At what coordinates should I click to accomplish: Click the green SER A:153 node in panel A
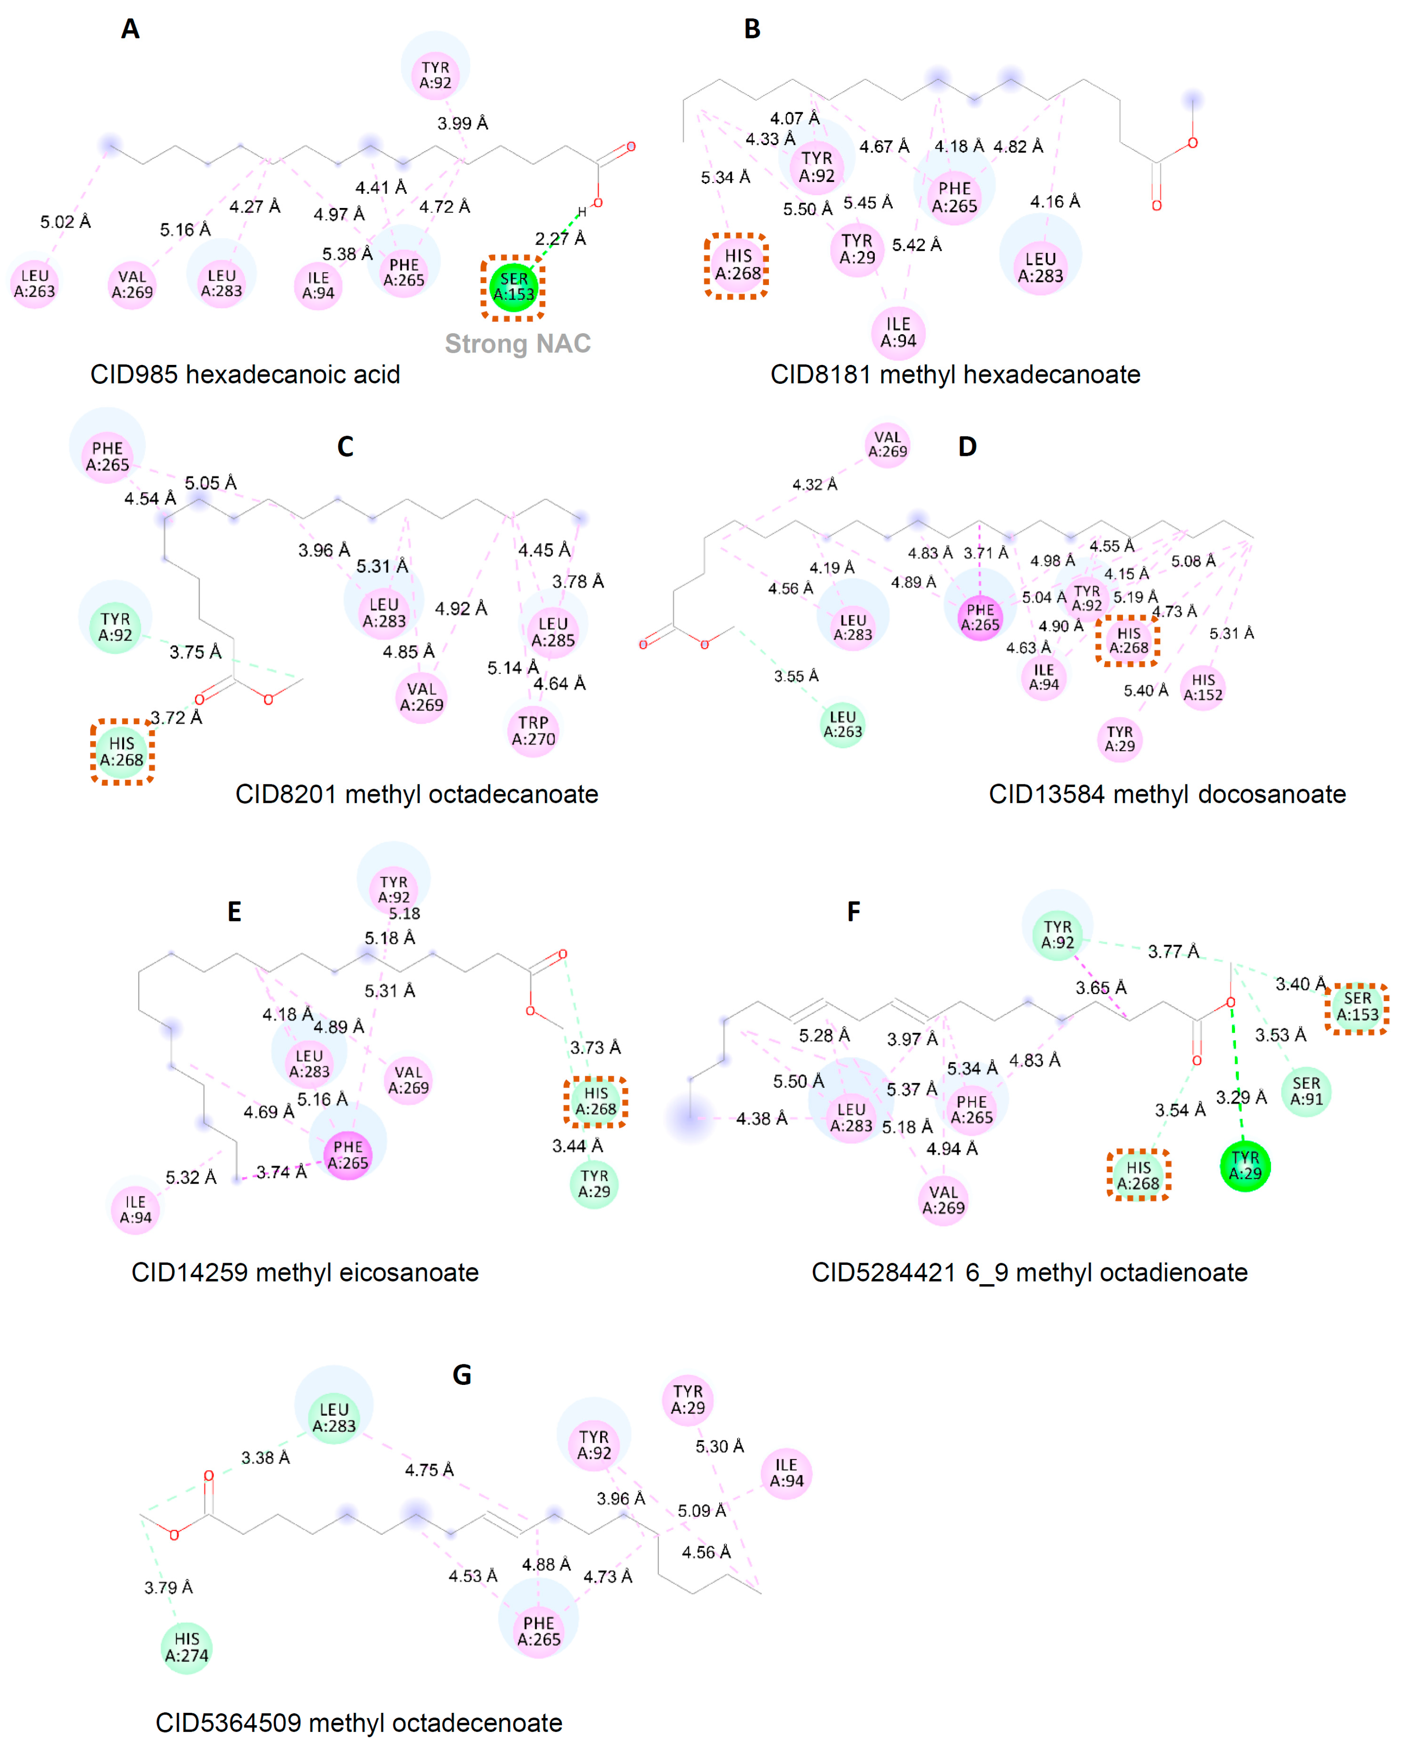(513, 287)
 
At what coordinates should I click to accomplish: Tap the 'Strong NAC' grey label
(518, 344)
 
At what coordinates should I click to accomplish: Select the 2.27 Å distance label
(560, 239)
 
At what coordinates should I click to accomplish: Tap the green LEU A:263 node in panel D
(842, 724)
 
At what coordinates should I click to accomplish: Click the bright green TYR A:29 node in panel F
(1244, 1166)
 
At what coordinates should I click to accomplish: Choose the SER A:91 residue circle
(1306, 1091)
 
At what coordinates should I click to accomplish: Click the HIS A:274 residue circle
(187, 1647)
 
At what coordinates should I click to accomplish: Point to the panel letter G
(461, 1374)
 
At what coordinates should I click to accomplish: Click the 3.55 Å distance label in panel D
(796, 676)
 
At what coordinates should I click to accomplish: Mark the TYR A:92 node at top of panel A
(435, 75)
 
